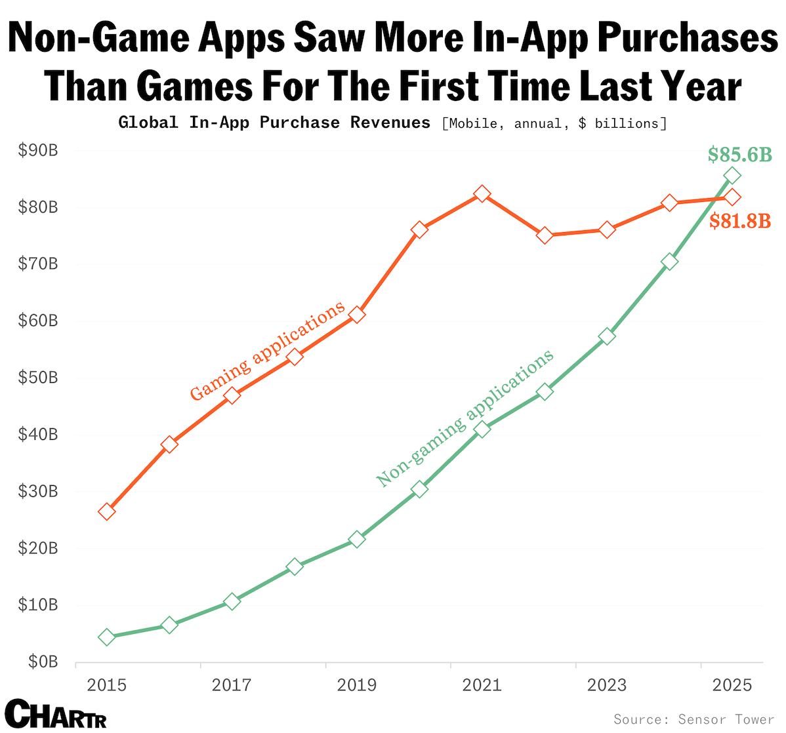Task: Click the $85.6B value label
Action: (x=739, y=155)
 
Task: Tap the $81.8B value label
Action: (x=740, y=221)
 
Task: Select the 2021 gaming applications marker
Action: (x=482, y=194)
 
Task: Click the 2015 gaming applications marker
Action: (x=107, y=511)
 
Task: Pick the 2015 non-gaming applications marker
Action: (x=107, y=637)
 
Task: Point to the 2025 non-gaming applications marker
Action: (x=732, y=176)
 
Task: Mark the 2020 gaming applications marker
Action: (x=420, y=229)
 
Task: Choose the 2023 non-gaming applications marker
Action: (x=607, y=336)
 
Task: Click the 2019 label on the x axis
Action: (x=357, y=685)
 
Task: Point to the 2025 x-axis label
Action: (x=732, y=685)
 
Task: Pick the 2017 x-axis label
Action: (x=232, y=685)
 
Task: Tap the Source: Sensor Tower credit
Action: (x=693, y=719)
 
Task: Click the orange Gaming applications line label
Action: (x=267, y=351)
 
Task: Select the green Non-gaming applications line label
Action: (x=465, y=418)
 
